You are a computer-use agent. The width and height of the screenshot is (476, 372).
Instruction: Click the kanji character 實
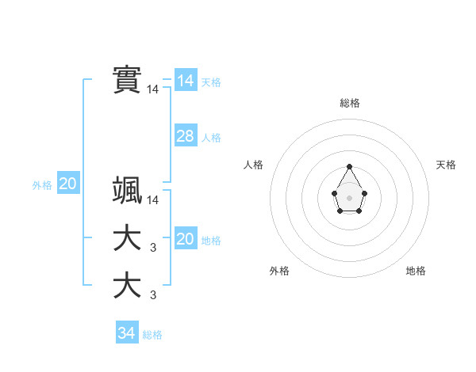127,79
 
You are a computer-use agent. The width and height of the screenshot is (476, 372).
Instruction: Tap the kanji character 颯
127,191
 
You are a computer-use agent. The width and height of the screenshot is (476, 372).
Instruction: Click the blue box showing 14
185,81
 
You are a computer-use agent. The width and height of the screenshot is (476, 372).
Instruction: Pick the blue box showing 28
185,136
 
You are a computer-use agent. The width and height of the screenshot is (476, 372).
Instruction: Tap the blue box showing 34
126,333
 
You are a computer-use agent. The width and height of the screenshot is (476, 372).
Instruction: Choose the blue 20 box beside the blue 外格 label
67,184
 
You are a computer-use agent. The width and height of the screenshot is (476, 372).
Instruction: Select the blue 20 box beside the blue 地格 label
185,239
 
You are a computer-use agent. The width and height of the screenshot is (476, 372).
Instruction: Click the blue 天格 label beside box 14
211,82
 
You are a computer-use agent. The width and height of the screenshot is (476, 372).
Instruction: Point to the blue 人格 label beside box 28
211,138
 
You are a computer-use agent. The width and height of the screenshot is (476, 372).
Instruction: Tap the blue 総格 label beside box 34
152,335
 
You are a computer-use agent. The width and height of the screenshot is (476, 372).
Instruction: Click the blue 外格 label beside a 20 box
42,185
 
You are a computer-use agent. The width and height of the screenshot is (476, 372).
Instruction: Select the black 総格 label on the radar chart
350,103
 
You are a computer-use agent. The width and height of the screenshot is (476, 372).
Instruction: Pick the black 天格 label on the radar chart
446,165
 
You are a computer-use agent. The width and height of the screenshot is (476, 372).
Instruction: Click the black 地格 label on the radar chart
416,271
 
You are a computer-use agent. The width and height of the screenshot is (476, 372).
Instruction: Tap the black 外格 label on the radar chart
279,271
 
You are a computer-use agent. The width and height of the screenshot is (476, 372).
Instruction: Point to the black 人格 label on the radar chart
253,165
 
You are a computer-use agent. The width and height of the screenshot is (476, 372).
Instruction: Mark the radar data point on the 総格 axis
350,167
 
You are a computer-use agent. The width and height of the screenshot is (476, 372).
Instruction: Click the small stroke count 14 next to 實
153,90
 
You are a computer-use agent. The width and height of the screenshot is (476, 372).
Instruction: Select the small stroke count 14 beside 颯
153,201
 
